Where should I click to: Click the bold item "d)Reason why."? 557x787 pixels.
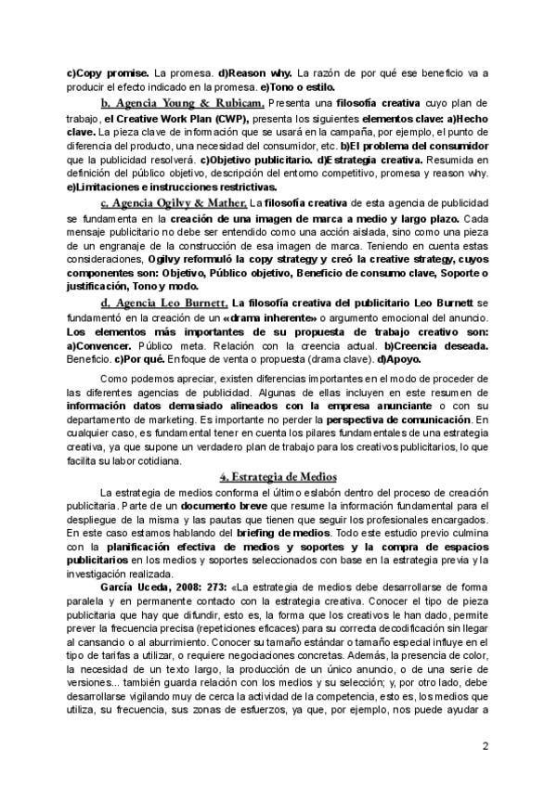(254, 71)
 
